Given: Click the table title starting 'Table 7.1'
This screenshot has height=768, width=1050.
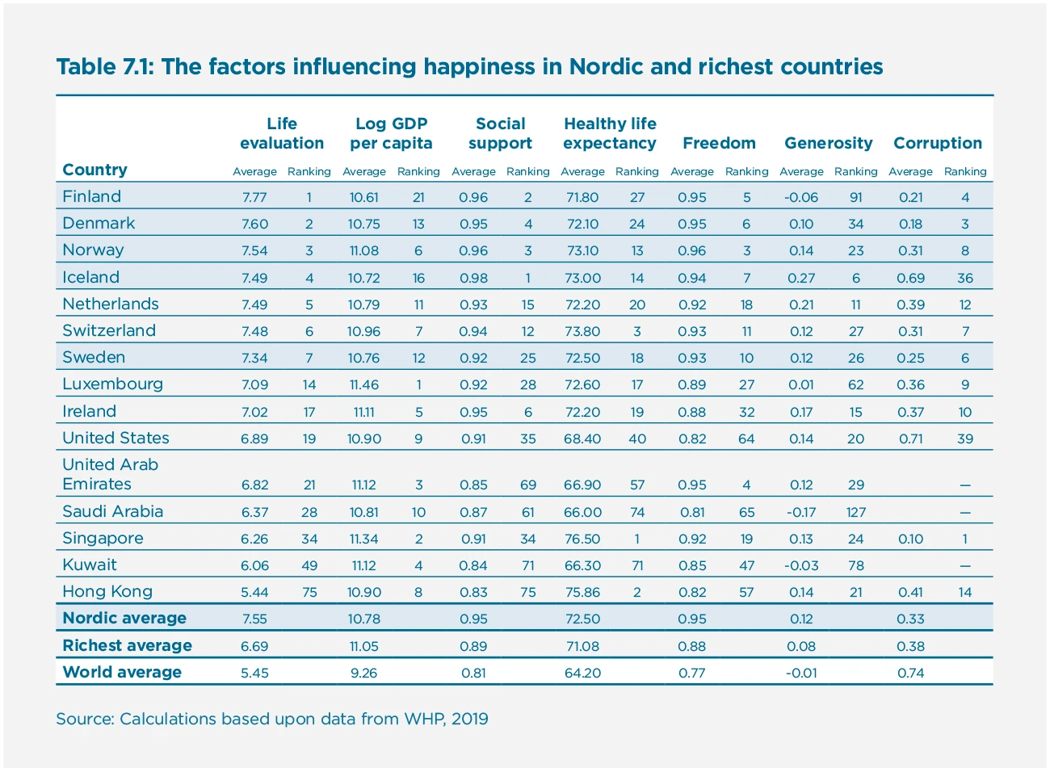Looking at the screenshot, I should pyautogui.click(x=469, y=66).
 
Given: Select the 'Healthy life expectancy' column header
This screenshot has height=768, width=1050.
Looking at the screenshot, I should pyautogui.click(x=610, y=133).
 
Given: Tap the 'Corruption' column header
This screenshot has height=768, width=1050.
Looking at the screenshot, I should pyautogui.click(x=937, y=143).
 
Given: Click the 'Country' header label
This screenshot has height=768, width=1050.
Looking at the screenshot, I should pyautogui.click(x=94, y=170).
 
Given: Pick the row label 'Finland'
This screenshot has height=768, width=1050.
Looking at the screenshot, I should pyautogui.click(x=91, y=196).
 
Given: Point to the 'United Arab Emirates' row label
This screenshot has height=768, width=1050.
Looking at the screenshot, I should pyautogui.click(x=110, y=474).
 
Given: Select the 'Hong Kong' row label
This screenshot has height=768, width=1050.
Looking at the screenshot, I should pyautogui.click(x=107, y=591).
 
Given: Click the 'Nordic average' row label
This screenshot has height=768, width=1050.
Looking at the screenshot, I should pyautogui.click(x=124, y=619).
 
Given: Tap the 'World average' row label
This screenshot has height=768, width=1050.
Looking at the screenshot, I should pyautogui.click(x=122, y=672).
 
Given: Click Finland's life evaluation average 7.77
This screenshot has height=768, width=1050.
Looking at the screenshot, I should pyautogui.click(x=254, y=197).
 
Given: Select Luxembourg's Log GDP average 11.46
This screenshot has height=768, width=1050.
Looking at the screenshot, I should pyautogui.click(x=363, y=385).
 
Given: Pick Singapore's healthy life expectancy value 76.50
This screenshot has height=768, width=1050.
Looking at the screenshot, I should pyautogui.click(x=582, y=539).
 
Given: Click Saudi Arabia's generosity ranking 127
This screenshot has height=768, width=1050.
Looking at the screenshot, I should pyautogui.click(x=855, y=512).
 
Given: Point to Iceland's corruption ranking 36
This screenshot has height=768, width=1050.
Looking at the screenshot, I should pyautogui.click(x=964, y=278).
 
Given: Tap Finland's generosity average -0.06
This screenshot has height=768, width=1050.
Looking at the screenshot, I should pyautogui.click(x=801, y=197).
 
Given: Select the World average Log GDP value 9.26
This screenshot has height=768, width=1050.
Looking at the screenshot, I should pyautogui.click(x=363, y=673).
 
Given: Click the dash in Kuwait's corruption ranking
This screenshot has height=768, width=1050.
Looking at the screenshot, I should pyautogui.click(x=964, y=566).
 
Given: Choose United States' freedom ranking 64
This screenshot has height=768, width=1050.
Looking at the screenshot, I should pyautogui.click(x=746, y=439).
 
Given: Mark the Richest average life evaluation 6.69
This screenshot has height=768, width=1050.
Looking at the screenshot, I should pyautogui.click(x=254, y=646).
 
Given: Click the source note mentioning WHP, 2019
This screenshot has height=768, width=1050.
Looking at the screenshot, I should pyautogui.click(x=271, y=719).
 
